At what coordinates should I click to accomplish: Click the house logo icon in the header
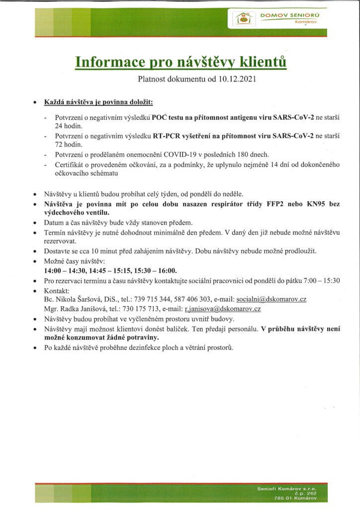point(244,19)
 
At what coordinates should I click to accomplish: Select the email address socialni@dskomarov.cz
point(271,299)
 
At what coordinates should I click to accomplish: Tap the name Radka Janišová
point(81,309)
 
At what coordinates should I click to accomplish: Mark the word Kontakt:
point(56,290)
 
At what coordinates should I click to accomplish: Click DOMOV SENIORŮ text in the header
point(290,15)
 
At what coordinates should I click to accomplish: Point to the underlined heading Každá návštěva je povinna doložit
point(98,102)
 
